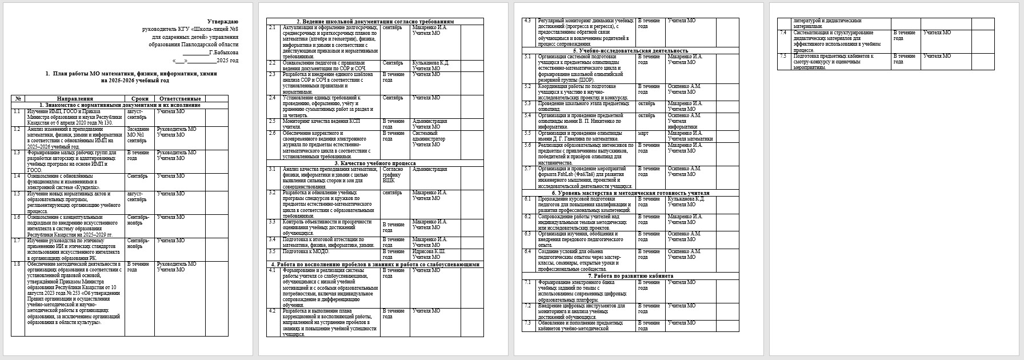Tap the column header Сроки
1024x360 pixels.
(139, 99)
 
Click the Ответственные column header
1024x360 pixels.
(180, 99)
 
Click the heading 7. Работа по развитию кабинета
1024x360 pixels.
(631, 275)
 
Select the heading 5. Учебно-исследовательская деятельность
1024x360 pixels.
(631, 50)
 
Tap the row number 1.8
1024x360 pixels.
(17, 264)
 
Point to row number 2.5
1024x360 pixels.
(273, 121)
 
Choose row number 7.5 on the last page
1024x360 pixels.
(783, 56)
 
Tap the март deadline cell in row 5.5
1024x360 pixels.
(643, 133)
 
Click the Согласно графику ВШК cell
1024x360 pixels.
(392, 175)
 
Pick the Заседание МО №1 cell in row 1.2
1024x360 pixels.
(138, 134)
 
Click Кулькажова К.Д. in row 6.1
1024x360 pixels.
(686, 199)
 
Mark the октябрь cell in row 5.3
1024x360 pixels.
(646, 103)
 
